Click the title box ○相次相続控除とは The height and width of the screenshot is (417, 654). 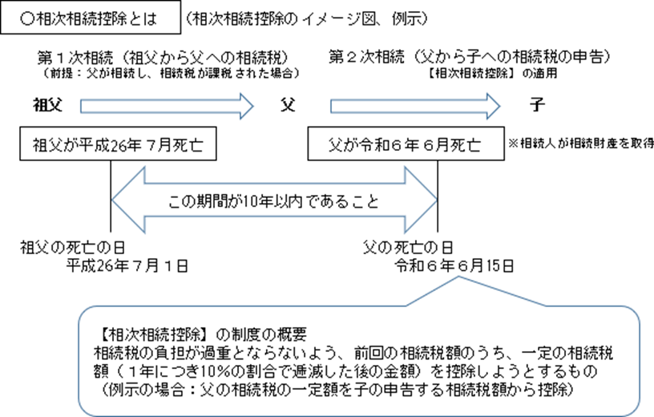89,16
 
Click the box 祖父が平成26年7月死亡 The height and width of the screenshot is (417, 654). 108,146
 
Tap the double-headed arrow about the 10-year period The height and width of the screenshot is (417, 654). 273,200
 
